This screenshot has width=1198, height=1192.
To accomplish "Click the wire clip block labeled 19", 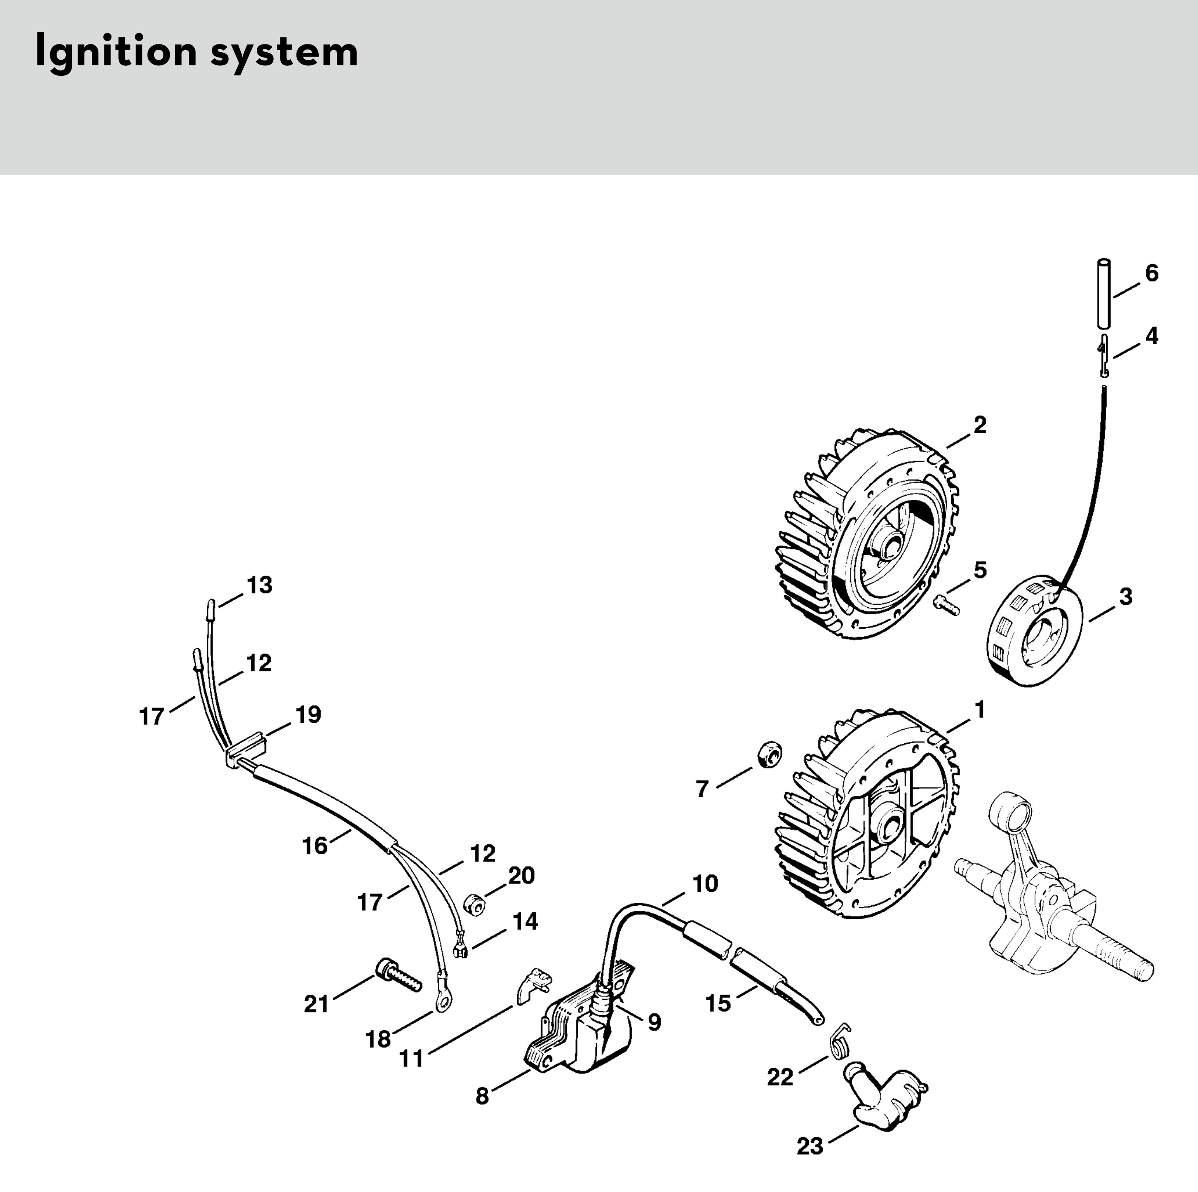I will (x=246, y=750).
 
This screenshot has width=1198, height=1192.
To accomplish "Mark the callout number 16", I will (x=314, y=846).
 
